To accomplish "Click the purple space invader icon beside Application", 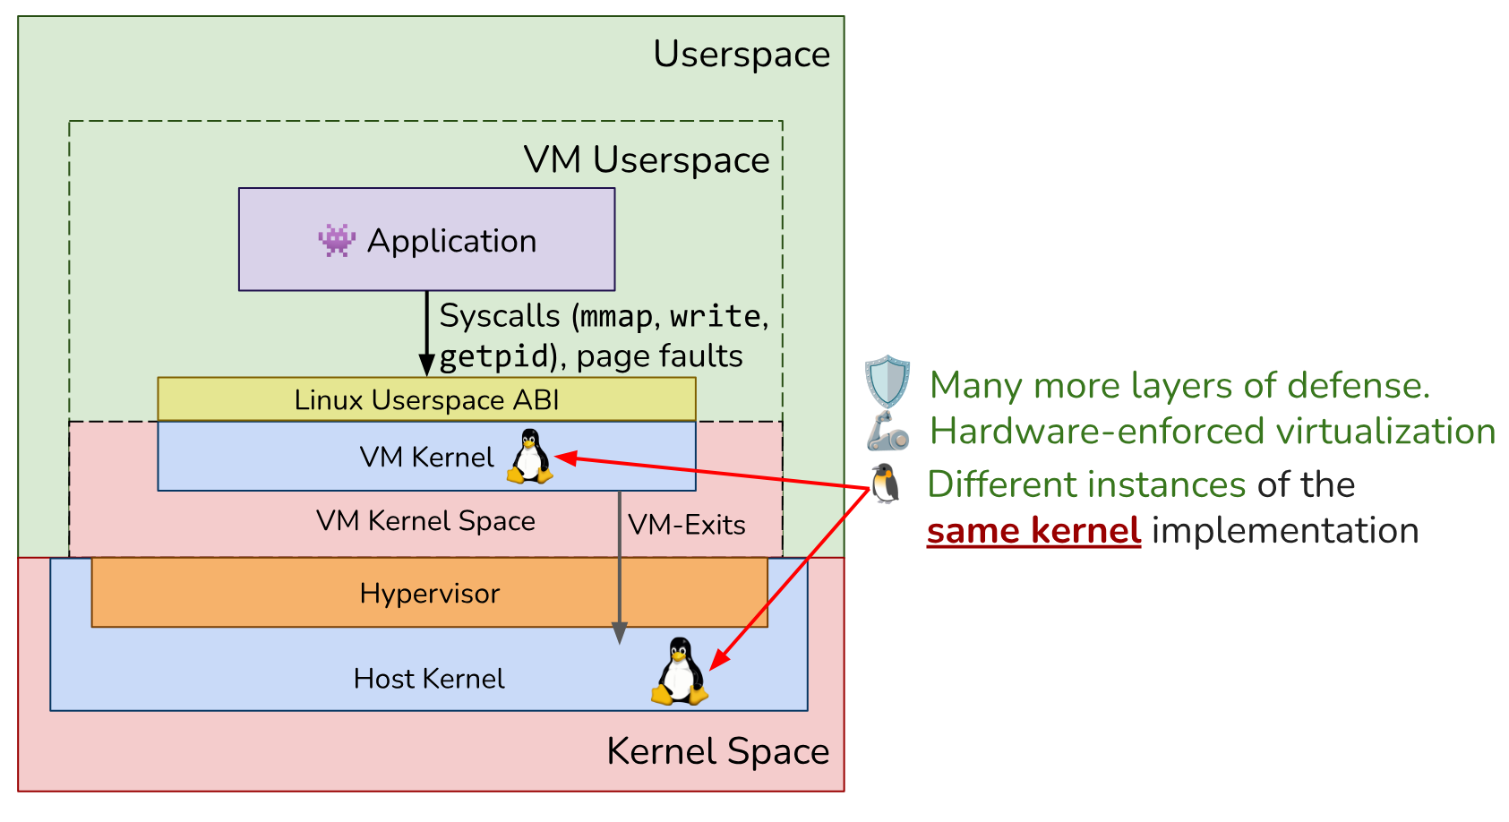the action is tap(336, 241).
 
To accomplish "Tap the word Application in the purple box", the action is tap(451, 241).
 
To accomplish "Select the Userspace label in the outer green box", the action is tap(742, 55).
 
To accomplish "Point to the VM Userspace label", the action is tap(647, 160).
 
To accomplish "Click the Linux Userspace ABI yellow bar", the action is tap(426, 398).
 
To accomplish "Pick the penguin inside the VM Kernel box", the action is tap(530, 456).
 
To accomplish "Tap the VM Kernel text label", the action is tap(426, 458).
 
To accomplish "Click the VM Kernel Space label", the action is tap(425, 521).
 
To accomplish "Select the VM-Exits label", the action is tap(687, 525).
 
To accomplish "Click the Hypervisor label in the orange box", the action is tap(430, 594).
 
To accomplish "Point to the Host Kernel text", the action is tap(429, 679).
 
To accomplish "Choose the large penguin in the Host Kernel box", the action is tap(680, 671).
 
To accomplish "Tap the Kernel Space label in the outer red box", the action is tap(718, 751).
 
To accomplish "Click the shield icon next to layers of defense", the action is tap(887, 381).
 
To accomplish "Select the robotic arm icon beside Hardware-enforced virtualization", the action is tap(887, 432).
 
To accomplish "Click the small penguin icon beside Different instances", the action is tap(885, 484).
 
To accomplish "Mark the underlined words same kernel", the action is tap(1034, 531).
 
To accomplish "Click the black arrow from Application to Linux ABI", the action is tap(426, 333).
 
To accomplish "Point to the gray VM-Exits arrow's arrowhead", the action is tap(620, 634).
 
